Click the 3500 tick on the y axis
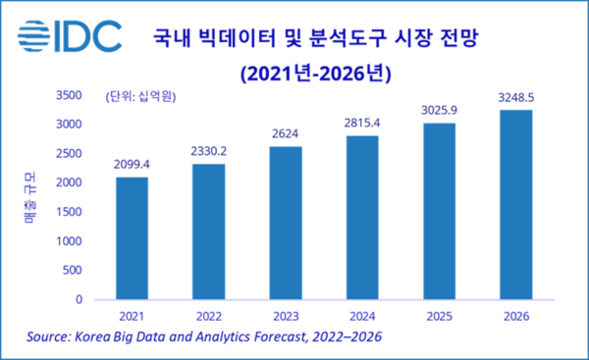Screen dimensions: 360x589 [x=70, y=95]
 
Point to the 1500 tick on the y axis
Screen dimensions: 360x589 [x=70, y=212]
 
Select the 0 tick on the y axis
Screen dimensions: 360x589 [x=80, y=300]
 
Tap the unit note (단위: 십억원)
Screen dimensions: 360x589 [x=146, y=96]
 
